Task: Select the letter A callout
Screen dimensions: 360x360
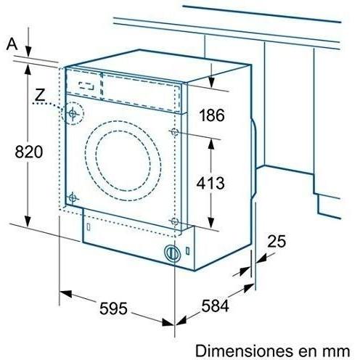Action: coord(11,44)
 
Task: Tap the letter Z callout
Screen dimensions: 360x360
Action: coord(41,94)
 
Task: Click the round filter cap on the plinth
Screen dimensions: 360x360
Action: coord(172,254)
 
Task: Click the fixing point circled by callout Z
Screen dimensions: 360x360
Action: coord(73,114)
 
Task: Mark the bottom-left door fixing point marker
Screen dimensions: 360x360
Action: coord(72,197)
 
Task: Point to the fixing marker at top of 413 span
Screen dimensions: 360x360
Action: coord(174,131)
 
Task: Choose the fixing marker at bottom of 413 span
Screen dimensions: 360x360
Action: coord(174,221)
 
